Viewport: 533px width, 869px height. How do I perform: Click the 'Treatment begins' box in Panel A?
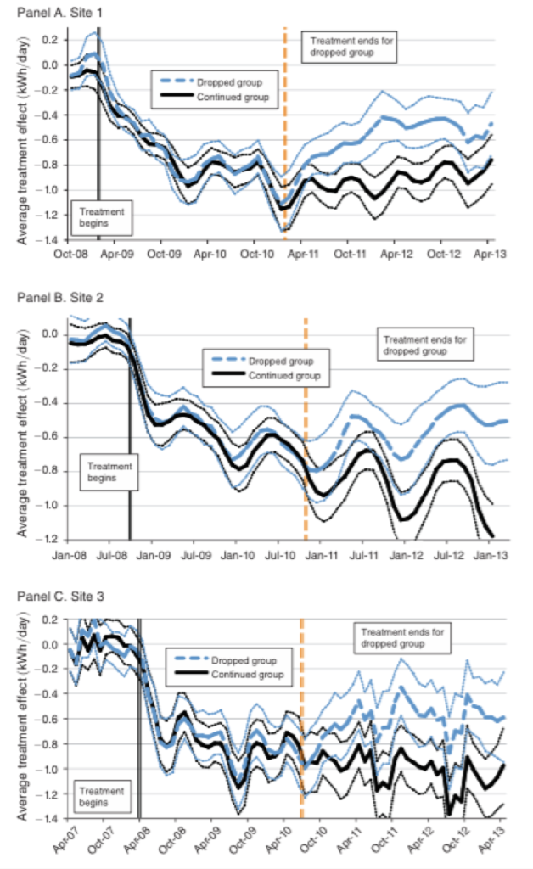(101, 216)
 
